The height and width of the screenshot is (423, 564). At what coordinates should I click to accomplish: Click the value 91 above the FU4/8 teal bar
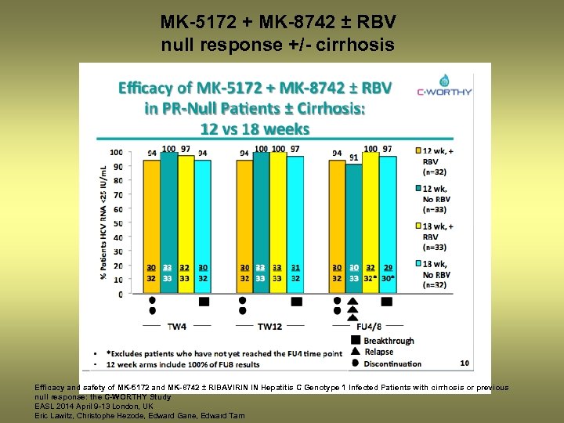point(354,157)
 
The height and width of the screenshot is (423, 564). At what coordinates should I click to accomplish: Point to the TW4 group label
point(177,325)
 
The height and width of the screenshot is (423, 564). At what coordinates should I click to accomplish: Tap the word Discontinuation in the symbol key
point(392,363)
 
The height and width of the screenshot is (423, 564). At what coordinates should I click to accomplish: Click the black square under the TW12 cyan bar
point(296,302)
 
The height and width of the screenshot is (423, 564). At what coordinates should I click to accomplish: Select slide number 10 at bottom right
point(465,363)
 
